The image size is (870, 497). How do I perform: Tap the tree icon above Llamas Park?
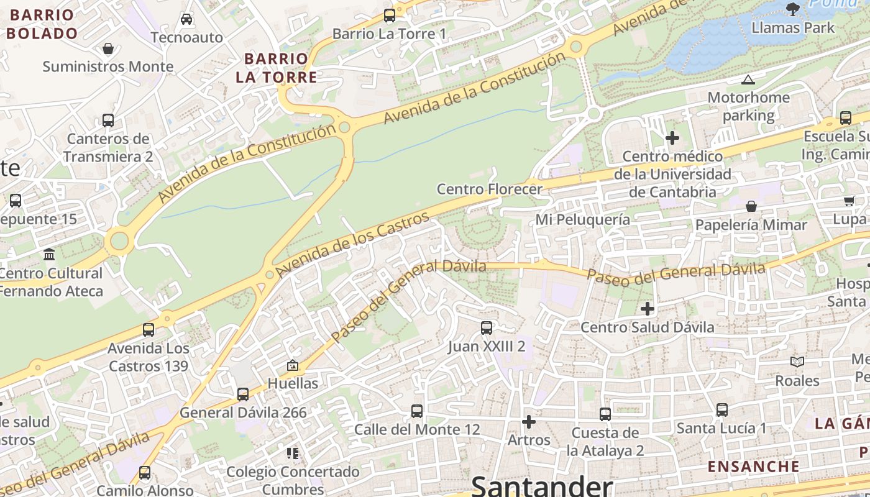(792, 9)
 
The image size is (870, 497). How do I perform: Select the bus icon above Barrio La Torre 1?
(390, 16)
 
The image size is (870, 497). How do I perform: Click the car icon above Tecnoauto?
(186, 19)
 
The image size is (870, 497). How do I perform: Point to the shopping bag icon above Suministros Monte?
(108, 48)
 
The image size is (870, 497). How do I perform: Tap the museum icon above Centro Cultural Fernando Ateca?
(49, 254)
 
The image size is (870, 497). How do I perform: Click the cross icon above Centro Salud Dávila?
(648, 308)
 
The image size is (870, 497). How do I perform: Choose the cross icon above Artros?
(529, 422)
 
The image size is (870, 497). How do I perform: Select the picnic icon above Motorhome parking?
(748, 80)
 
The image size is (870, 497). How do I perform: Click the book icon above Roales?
(797, 362)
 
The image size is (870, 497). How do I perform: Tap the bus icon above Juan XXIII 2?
(487, 327)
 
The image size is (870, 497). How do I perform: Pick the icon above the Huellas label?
(293, 365)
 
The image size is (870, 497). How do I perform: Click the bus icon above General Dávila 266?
(243, 394)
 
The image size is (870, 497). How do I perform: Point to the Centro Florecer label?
(490, 189)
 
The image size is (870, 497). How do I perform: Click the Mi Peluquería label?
(583, 219)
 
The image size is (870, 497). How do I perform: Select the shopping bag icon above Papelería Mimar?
(751, 206)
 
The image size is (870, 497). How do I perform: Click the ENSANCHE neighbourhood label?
(754, 466)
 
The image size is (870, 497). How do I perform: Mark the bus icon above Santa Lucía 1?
(721, 410)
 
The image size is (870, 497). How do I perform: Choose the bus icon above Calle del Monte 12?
(417, 411)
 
